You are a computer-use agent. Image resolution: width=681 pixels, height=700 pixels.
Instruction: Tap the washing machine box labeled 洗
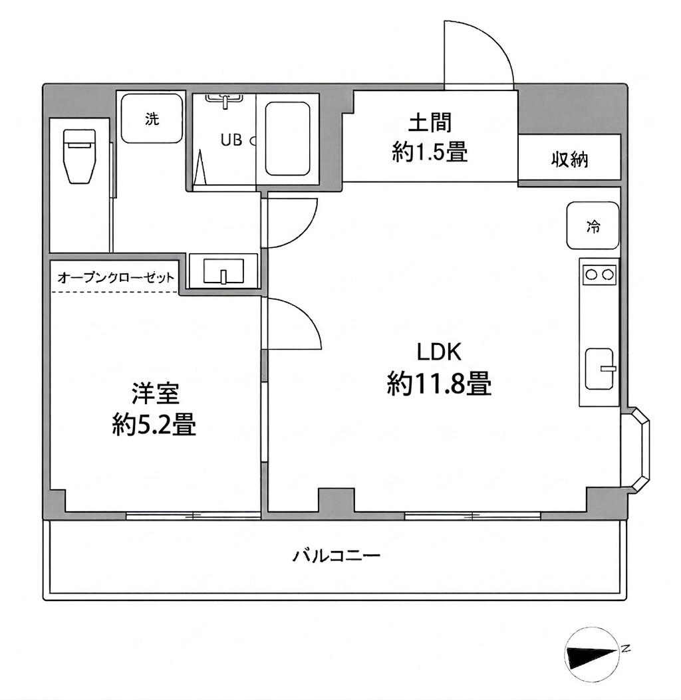[152, 118]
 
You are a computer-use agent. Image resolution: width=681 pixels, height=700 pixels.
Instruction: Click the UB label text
[231, 140]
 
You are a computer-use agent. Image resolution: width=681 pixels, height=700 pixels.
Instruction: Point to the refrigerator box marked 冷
[593, 226]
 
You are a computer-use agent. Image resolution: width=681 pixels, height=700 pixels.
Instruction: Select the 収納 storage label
[569, 160]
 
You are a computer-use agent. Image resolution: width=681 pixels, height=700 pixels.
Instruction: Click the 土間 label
[430, 124]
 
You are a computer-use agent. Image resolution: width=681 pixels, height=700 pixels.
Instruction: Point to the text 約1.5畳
[430, 153]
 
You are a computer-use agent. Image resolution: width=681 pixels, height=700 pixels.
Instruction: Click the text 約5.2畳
[154, 425]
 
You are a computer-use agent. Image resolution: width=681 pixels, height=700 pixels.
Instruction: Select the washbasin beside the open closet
[223, 272]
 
